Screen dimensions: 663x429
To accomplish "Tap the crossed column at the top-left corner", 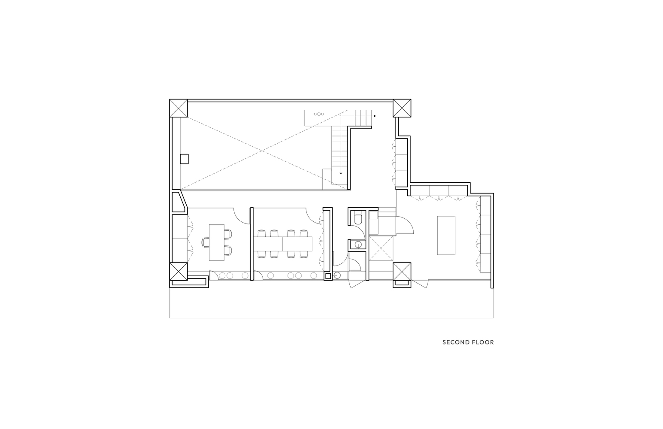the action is tap(179, 108).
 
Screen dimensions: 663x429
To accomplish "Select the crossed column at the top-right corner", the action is tap(402, 108).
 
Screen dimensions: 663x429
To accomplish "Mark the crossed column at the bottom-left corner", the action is tap(179, 271).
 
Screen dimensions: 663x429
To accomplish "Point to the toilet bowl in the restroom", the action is tap(357, 219).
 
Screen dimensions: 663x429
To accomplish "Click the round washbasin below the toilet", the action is tap(358, 245).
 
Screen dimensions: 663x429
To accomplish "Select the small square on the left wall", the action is tap(184, 159).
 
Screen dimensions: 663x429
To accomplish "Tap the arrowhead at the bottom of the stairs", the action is tap(341, 173).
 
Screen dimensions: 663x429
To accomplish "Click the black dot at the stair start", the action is tap(375, 116).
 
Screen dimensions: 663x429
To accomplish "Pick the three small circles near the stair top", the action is tap(319, 114).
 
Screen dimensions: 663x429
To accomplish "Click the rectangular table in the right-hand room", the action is tap(446, 236).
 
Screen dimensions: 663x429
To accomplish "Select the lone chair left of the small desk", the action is tap(205, 242).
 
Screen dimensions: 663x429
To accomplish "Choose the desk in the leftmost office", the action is tap(217, 243).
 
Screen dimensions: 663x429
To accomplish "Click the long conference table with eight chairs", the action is tap(283, 244).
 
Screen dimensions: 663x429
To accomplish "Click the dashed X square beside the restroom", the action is tap(381, 248).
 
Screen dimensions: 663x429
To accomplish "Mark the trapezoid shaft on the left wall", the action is tap(179, 202).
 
